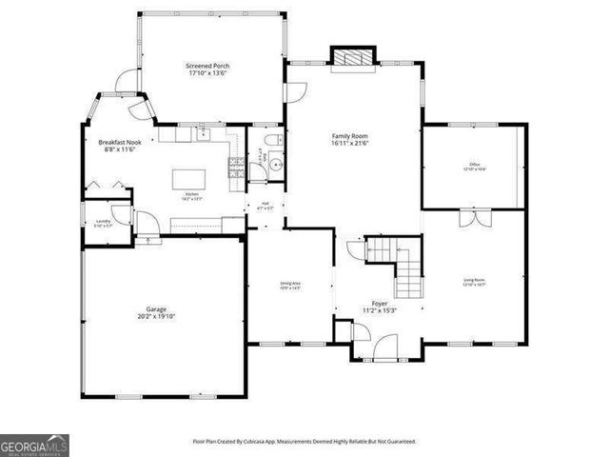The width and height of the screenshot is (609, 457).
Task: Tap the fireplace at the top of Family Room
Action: (x=349, y=57)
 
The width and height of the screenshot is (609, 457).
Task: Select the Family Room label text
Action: (x=349, y=139)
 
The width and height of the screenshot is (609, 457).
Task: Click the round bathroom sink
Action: (x=275, y=163)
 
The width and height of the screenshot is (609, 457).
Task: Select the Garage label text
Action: (x=156, y=313)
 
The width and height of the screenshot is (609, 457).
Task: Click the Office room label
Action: (x=473, y=167)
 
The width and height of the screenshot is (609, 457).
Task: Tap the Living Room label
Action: (x=474, y=282)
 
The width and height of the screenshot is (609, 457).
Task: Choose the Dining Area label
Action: (x=290, y=285)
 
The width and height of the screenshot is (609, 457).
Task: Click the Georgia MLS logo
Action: (x=34, y=446)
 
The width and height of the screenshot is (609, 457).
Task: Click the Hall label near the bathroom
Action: (x=265, y=205)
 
